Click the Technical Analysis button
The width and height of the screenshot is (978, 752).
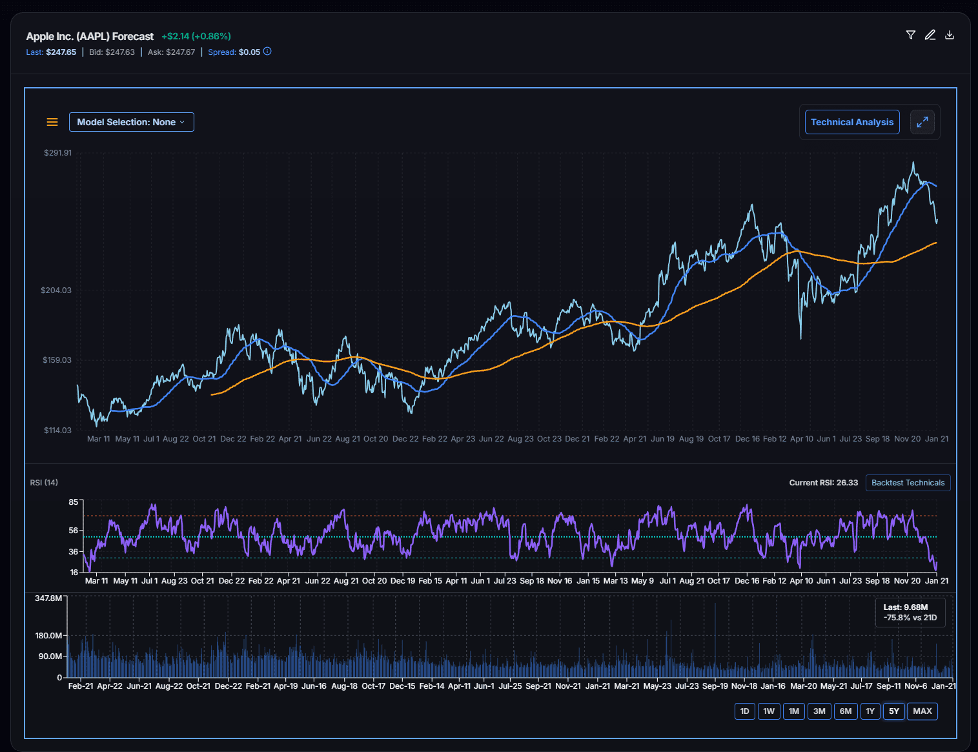coord(851,122)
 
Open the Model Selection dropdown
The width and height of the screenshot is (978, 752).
coord(131,122)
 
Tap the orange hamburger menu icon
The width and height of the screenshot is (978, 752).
coord(52,122)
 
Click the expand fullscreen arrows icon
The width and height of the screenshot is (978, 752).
coord(922,122)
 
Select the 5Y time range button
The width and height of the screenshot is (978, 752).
coord(893,711)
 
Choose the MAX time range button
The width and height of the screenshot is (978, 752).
coord(922,711)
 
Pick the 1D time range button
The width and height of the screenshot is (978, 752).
coord(744,711)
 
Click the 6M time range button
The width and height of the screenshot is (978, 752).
coord(845,711)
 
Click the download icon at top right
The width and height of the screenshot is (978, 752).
coord(950,35)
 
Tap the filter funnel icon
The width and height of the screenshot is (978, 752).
coord(911,35)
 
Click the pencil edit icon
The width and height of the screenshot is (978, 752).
coord(930,35)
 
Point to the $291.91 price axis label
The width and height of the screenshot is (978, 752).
coord(57,153)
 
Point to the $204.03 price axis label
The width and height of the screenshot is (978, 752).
coord(56,290)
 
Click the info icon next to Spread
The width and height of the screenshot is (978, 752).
coord(267,52)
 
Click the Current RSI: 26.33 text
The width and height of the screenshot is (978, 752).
coord(823,483)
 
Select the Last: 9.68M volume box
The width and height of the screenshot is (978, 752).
coord(910,613)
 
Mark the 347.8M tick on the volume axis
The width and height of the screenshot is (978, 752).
coord(48,598)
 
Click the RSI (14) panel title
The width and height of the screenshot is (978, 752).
coord(44,483)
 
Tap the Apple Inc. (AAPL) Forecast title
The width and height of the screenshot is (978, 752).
coord(90,37)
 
